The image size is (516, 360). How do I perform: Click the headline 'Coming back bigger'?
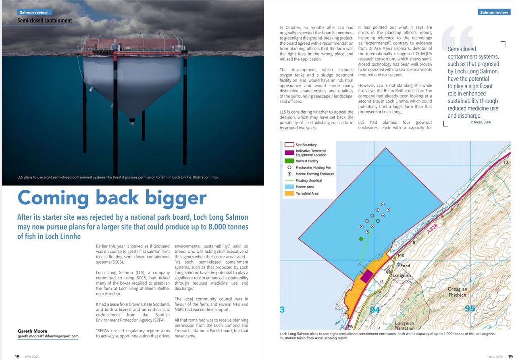112,198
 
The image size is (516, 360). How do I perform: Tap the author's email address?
48,336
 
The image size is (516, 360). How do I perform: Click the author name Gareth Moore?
32,331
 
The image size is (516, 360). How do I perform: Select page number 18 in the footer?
17,356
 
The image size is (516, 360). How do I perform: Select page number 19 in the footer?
510,356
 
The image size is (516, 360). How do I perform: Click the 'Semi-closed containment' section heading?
45,21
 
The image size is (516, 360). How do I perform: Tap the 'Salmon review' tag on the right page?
494,12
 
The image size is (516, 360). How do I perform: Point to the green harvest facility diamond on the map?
361,239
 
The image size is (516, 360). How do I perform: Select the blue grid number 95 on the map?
470,309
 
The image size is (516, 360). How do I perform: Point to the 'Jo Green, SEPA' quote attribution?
480,122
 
